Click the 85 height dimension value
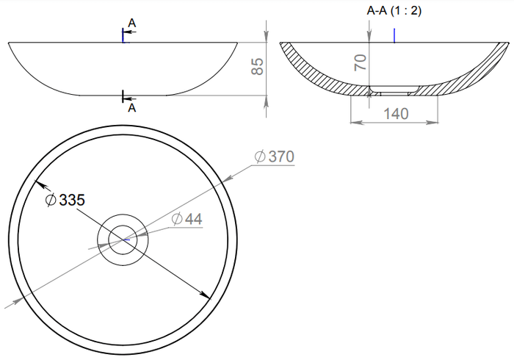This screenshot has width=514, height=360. click(258, 67)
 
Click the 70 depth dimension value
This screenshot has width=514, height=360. click(361, 62)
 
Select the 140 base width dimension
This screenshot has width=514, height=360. click(396, 114)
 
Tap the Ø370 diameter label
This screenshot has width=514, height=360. click(275, 156)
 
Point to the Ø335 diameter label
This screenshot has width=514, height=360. click(65, 200)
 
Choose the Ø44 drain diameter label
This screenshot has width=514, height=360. click(187, 219)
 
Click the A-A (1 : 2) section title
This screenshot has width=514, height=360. click(394, 10)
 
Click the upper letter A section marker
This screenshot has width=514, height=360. click(131, 23)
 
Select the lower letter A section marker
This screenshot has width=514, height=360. click(131, 107)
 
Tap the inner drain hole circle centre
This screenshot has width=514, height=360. click(123, 240)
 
